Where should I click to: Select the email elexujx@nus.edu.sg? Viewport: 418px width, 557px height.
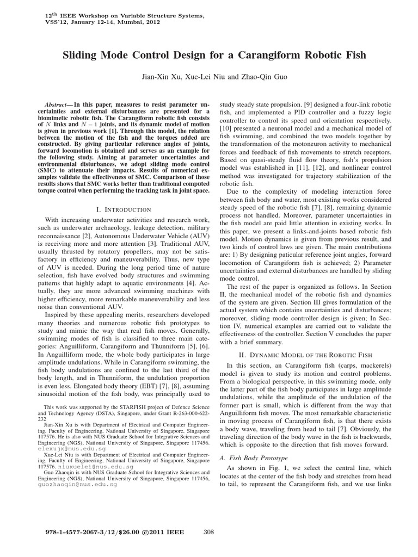66,450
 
